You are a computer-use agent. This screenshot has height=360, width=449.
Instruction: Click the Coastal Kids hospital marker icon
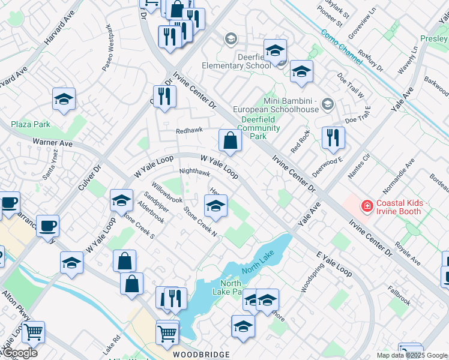click(x=366, y=206)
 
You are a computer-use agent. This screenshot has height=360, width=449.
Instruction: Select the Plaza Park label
click(x=30, y=125)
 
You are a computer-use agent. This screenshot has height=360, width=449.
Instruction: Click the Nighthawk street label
click(x=194, y=172)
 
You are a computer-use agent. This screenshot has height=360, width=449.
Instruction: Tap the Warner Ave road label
click(x=52, y=143)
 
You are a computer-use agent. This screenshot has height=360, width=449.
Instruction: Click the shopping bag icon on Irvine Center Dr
click(x=230, y=140)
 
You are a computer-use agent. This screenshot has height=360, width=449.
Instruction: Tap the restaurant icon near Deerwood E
click(x=333, y=137)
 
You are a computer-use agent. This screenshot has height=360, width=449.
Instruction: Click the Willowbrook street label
click(x=166, y=190)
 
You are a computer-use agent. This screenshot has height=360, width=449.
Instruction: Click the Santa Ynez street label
click(x=50, y=169)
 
